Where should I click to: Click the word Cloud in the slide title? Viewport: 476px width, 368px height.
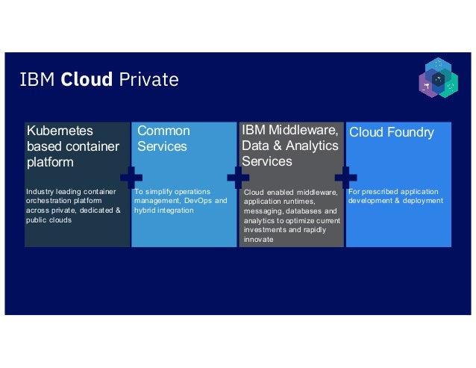click(x=87, y=80)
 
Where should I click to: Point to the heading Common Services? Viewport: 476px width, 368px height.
click(x=163, y=139)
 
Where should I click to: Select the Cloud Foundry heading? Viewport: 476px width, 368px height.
click(x=392, y=133)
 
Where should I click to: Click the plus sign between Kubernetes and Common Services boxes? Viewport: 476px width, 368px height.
click(x=131, y=178)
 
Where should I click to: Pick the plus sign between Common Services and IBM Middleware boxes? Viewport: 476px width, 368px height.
click(x=238, y=178)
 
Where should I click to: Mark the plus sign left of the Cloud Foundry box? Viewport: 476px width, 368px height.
click(x=345, y=178)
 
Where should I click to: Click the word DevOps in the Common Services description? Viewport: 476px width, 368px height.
click(x=198, y=202)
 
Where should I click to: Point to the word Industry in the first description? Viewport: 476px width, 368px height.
click(x=40, y=192)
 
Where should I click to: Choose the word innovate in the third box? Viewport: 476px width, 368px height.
click(x=258, y=240)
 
